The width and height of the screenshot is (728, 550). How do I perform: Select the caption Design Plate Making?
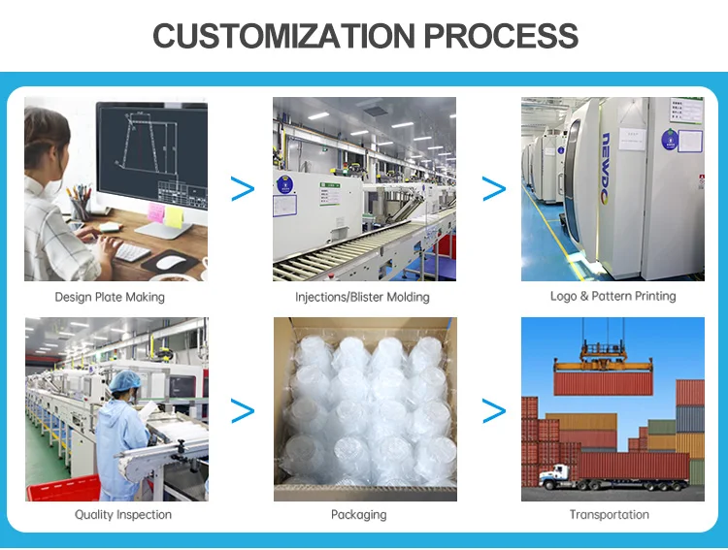pos(110,297)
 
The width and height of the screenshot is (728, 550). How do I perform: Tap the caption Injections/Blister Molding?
pos(362,297)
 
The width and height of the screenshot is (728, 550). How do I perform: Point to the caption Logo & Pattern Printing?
pos(612,296)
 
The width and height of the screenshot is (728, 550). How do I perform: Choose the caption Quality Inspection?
pos(123,514)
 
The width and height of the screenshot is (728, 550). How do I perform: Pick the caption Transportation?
pos(610,514)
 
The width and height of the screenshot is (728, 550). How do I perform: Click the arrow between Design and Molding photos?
pos(242,189)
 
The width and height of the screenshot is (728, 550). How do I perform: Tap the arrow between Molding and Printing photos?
pos(494,189)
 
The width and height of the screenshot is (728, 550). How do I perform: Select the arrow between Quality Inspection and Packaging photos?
pos(242,410)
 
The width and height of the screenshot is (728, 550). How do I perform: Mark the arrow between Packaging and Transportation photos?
pos(494,410)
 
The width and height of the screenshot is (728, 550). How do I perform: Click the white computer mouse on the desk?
pos(171,261)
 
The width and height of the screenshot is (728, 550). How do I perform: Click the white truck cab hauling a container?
pos(555,475)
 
